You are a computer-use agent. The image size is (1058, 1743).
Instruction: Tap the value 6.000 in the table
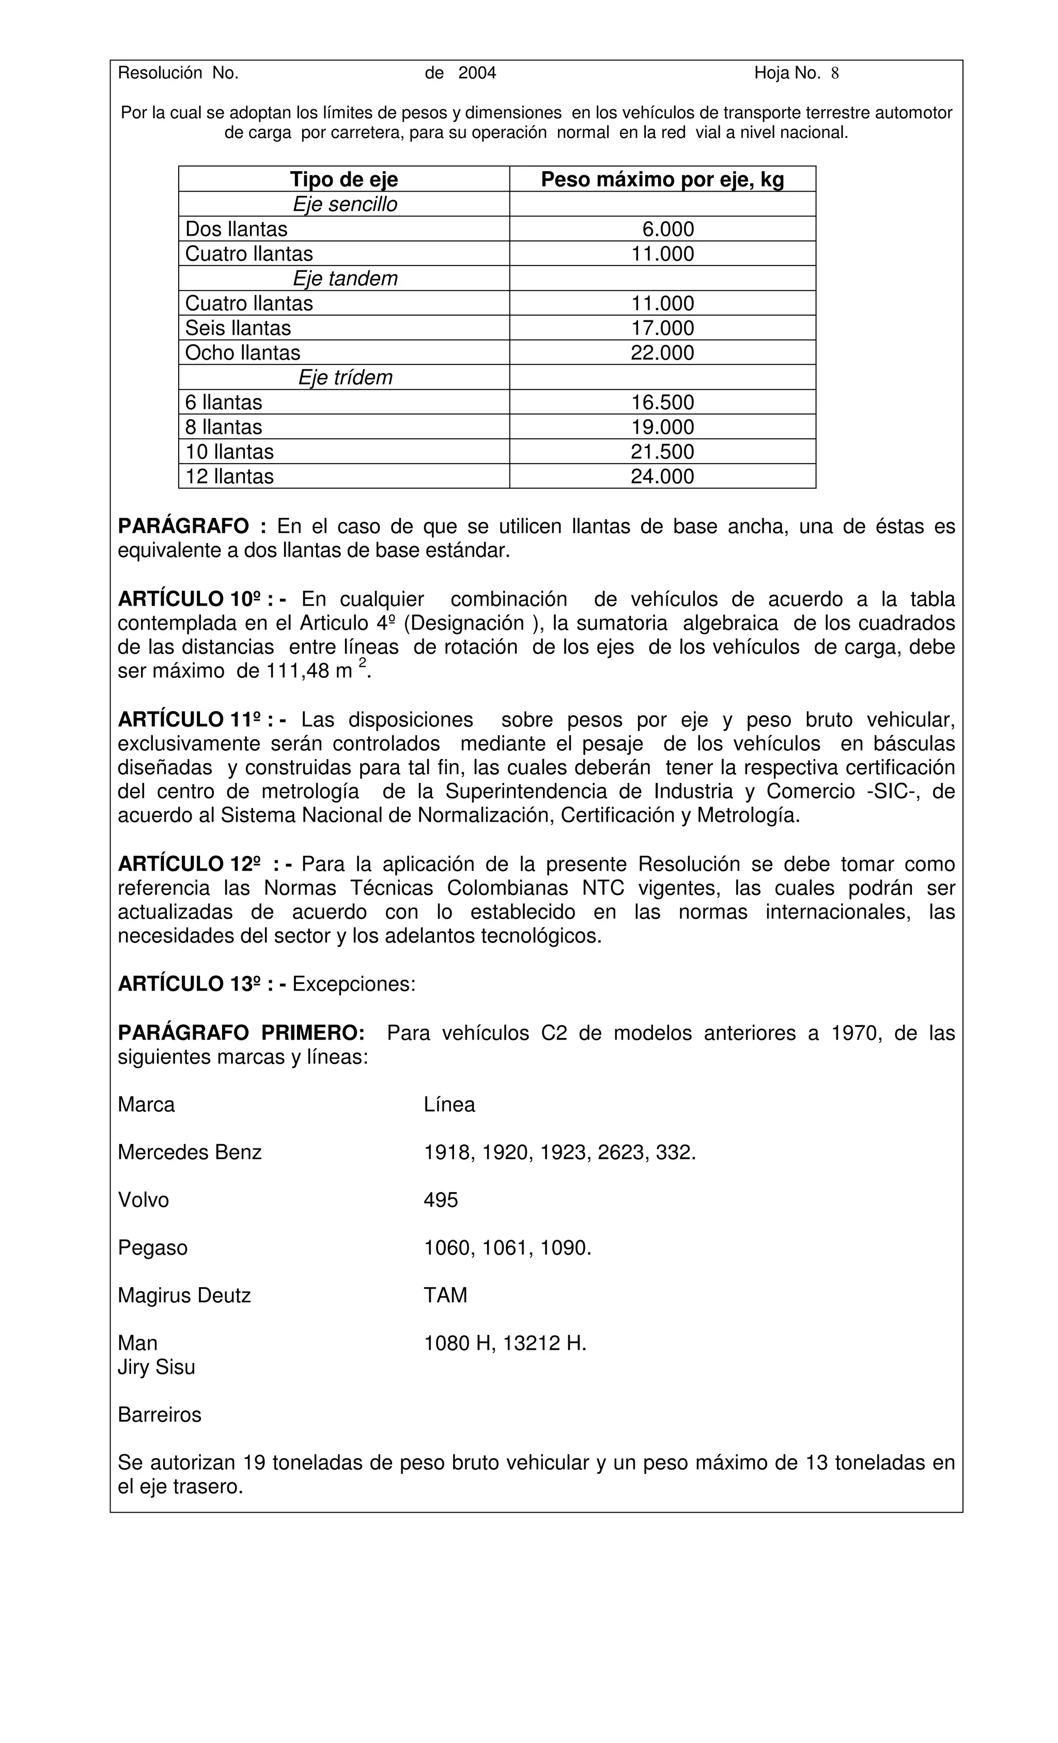(667, 229)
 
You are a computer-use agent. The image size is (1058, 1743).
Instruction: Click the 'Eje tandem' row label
(345, 279)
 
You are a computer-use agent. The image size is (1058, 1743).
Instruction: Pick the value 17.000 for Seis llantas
(662, 328)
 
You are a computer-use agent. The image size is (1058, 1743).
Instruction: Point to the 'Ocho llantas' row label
(243, 353)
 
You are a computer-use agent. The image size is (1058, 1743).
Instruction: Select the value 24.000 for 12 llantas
(662, 477)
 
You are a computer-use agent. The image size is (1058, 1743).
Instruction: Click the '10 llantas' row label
(229, 452)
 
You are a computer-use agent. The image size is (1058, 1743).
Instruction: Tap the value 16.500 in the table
(662, 403)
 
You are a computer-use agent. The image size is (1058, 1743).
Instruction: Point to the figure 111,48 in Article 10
(297, 671)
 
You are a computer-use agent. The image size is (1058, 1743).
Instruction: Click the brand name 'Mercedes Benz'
(190, 1153)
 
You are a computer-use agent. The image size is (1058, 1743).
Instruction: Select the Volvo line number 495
(441, 1200)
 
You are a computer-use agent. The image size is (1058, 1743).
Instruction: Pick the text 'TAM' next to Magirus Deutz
(445, 1296)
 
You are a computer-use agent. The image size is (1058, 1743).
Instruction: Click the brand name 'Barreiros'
(159, 1415)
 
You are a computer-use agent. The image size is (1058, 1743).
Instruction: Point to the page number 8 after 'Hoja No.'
(834, 73)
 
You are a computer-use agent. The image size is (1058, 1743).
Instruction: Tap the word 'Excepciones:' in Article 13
(353, 985)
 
